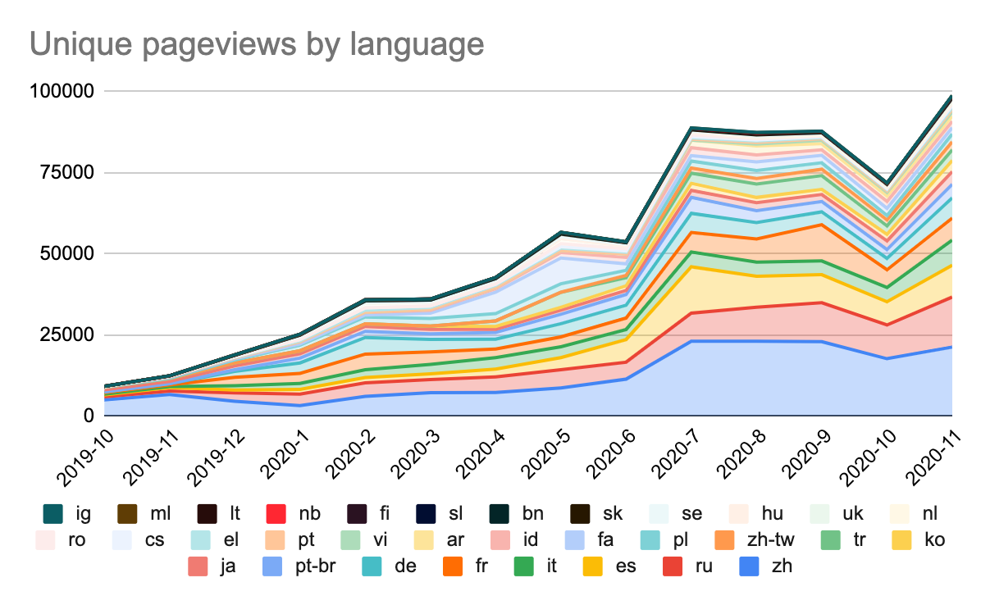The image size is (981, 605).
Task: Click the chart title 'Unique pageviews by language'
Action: point(257,44)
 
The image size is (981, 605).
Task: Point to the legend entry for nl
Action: point(915,514)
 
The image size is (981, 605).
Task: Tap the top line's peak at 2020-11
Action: point(951,97)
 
